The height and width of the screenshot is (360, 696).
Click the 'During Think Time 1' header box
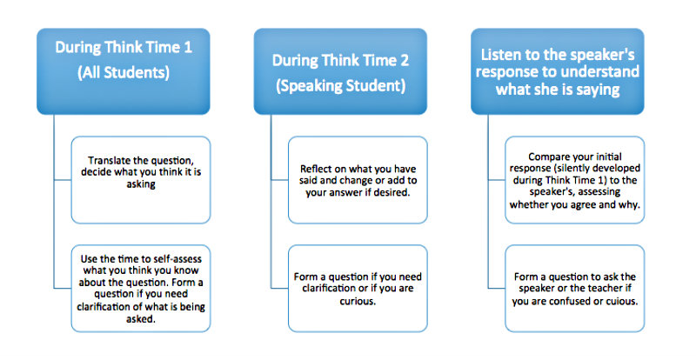(x=124, y=71)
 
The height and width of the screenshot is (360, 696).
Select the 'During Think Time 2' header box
(x=340, y=71)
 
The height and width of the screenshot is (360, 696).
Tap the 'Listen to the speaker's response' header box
(x=558, y=71)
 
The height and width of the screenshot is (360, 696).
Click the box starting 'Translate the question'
(x=141, y=180)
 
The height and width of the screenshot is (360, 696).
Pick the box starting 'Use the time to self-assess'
(x=141, y=289)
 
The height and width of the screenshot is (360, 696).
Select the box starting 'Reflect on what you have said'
(x=358, y=180)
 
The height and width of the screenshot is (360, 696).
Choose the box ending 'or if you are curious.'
(x=358, y=289)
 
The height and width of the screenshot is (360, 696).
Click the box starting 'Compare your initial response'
(x=575, y=180)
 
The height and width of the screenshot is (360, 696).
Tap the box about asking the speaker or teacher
(x=575, y=289)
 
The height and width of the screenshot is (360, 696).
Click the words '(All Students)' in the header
(x=124, y=73)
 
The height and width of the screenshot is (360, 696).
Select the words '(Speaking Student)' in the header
(x=340, y=86)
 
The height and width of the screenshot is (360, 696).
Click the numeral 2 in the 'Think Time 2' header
(x=404, y=60)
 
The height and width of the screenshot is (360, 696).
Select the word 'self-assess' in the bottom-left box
(x=177, y=259)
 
